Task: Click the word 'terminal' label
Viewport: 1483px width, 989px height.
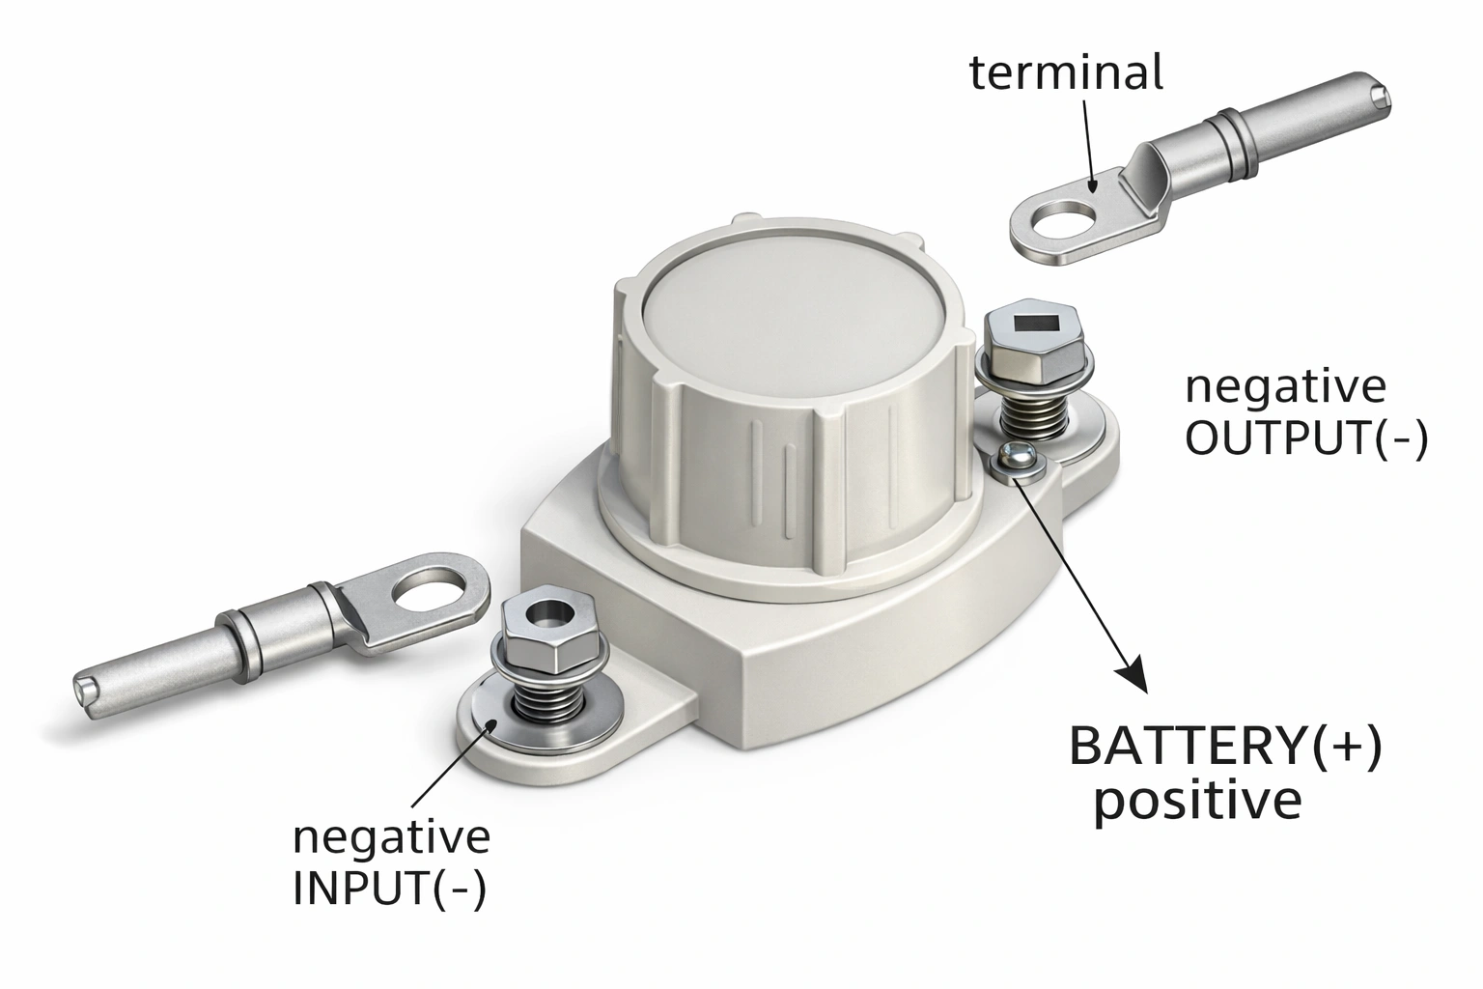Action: click(1066, 73)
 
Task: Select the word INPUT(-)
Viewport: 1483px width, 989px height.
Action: click(389, 890)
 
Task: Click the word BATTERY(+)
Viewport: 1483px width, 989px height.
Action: click(1225, 748)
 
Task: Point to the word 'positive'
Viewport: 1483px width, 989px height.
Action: click(1196, 803)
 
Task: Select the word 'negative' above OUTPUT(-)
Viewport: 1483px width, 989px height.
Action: click(1284, 386)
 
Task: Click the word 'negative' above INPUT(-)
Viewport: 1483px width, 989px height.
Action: click(391, 836)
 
